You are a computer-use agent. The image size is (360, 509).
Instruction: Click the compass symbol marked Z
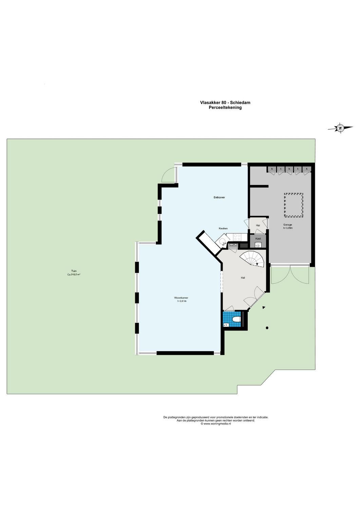340,128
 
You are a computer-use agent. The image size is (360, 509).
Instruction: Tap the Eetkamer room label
219,197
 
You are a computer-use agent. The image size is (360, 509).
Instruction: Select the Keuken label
223,228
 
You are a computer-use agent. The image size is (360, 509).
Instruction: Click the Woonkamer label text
182,298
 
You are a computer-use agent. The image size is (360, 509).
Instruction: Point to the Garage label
288,225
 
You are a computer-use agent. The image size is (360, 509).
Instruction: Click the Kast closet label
258,239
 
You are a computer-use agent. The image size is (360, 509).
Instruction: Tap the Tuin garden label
74,271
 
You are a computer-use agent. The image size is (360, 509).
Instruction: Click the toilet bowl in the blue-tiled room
236,320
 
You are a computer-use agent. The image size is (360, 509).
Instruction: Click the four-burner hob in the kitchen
237,237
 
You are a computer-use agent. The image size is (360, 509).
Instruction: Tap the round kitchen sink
222,242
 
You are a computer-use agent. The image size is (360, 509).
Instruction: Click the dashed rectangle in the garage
293,205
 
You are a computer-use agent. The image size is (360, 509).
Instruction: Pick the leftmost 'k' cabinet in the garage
272,169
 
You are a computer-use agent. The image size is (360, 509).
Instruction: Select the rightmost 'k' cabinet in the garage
307,169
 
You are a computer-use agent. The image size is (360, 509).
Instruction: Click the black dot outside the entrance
267,328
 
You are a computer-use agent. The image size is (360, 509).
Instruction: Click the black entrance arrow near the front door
264,307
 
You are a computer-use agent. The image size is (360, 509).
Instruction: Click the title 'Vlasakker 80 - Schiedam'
225,102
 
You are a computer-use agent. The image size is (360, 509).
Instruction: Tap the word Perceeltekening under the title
225,108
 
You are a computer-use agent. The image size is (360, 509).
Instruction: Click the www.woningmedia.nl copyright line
216,424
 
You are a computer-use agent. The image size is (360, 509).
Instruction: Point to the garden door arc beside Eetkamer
167,175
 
